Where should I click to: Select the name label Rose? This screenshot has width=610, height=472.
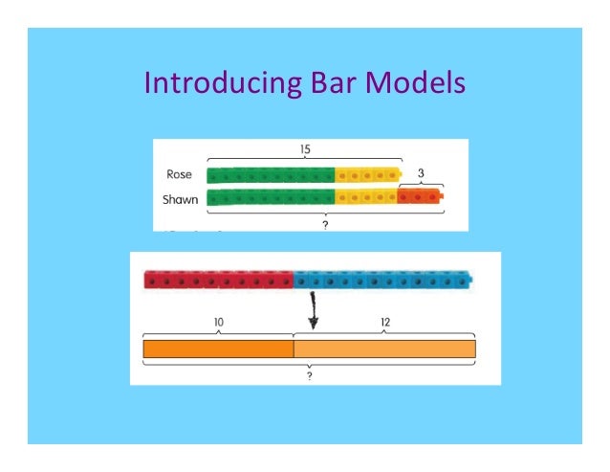pos(180,176)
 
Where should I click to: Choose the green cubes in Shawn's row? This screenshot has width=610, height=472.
pos(270,198)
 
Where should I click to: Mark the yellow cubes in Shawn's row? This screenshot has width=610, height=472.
pos(365,198)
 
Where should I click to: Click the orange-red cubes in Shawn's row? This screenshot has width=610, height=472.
pos(421,198)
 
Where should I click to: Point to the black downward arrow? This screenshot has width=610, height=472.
pos(313,312)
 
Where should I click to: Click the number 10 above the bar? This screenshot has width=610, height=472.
pos(218,323)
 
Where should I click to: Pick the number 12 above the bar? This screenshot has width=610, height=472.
pos(384,323)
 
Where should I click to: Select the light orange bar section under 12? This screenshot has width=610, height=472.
pos(384,348)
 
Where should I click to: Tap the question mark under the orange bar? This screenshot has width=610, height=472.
pos(310,375)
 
